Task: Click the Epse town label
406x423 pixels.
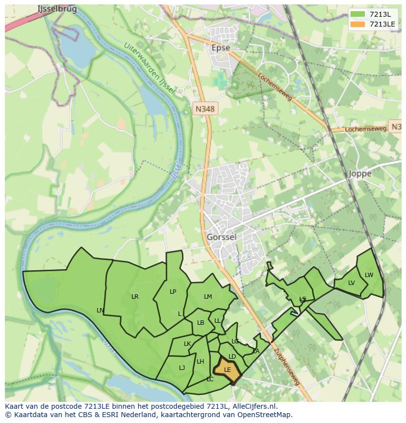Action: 220,48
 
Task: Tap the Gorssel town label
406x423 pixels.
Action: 222,237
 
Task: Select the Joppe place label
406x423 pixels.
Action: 360,173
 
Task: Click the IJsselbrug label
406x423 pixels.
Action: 57,9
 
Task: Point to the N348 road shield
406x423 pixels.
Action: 204,109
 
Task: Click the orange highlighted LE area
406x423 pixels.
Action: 227,370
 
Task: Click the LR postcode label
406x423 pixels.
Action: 135,296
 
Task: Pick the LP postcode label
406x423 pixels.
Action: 173,291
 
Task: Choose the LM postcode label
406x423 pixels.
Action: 208,296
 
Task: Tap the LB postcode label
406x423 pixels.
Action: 201,323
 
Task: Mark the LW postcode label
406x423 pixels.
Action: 369,275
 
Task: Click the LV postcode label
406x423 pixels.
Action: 352,283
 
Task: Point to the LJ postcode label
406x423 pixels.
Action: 182,367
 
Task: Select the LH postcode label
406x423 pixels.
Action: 200,362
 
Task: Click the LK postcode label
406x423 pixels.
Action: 187,344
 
